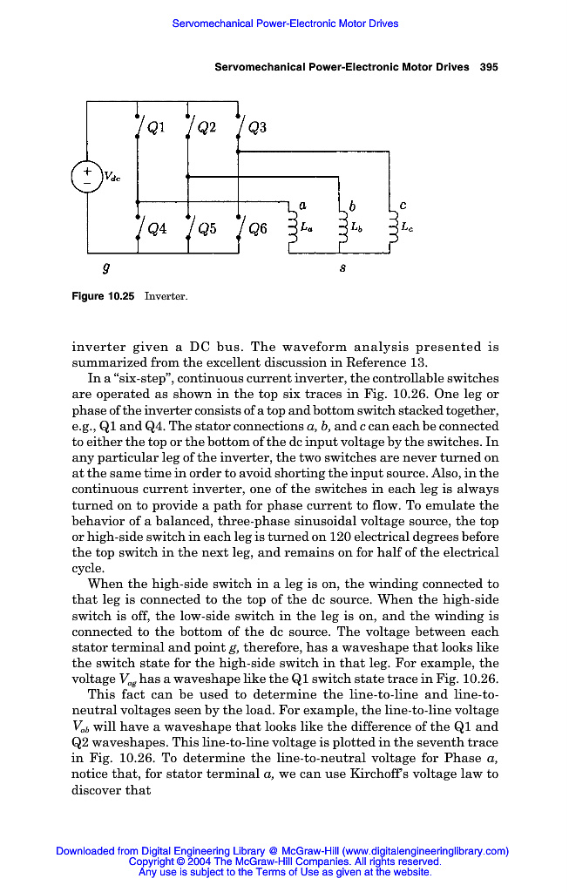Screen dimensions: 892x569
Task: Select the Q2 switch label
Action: pos(207,128)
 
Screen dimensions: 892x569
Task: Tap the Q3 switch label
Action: pos(257,128)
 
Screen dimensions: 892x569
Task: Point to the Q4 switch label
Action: pos(157,230)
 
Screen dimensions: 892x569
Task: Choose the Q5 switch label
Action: pos(207,230)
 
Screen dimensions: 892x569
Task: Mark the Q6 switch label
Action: pos(258,230)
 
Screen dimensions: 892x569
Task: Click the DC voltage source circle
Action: pos(87,177)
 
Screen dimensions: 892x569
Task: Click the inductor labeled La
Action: pos(292,228)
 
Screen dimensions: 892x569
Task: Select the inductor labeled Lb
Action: pos(342,228)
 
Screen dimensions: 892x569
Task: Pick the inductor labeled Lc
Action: pos(392,228)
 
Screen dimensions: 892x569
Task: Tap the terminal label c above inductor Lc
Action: pos(402,205)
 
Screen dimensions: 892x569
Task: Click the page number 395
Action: pos(489,67)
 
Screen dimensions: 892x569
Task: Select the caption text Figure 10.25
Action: pos(103,296)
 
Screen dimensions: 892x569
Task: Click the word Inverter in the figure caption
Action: pos(166,296)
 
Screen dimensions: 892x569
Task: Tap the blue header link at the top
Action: pos(285,24)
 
